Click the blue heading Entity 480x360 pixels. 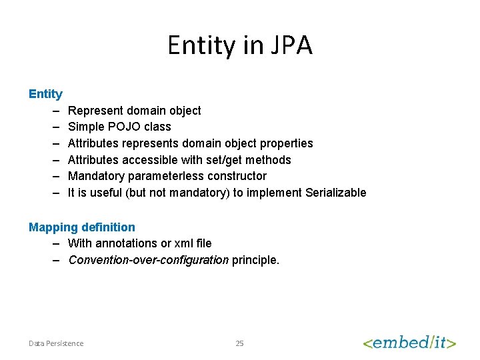(45, 94)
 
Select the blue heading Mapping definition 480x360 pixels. (81, 227)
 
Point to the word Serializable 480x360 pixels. (335, 193)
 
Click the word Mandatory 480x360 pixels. (95, 176)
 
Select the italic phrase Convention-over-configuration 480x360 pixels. (148, 260)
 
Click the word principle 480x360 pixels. (255, 260)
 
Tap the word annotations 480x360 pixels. (126, 243)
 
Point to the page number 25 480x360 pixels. (240, 343)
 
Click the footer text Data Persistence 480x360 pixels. (56, 343)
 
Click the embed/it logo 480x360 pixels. (409, 343)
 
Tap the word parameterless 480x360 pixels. (171, 176)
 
